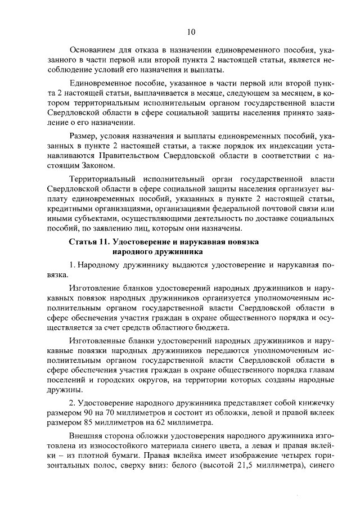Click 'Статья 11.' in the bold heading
pos(89,242)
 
